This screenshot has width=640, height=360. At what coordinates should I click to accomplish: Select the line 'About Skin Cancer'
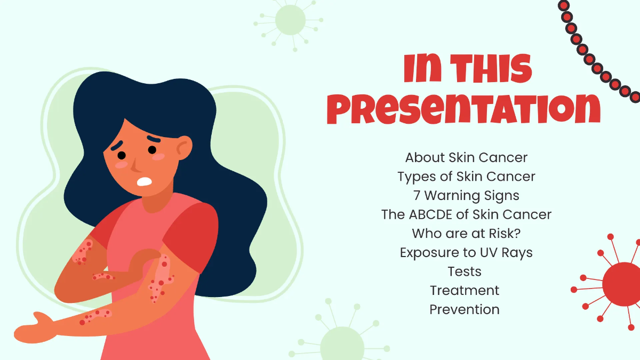pos(466,157)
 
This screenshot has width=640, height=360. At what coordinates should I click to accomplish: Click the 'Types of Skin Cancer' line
pos(466,176)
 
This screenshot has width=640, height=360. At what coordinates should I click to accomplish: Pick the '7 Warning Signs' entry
pos(466,195)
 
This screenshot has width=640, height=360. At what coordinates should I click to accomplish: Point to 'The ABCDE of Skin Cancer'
pos(466,214)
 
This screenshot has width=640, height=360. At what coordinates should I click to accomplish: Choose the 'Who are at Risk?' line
pos(466,234)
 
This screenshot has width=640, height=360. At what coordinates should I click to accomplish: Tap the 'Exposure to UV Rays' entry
pos(466,252)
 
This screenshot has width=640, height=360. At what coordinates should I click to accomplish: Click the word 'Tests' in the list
pos(465,271)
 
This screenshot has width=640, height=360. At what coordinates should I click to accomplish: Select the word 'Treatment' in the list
pos(465,291)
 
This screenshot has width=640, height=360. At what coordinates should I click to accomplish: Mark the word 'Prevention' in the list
pos(465,309)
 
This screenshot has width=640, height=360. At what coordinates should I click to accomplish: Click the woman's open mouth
pos(145,181)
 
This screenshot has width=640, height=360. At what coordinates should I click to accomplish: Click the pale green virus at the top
pos(291,20)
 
